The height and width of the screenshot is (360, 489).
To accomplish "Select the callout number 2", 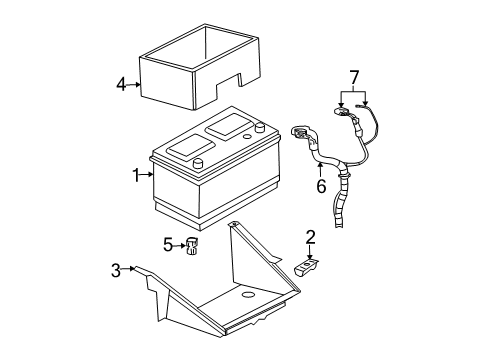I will click(x=310, y=237).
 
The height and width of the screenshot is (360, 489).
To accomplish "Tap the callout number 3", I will click(x=115, y=268).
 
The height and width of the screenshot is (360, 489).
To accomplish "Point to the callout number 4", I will click(x=121, y=85).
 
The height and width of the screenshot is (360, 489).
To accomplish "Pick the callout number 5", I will click(x=169, y=243).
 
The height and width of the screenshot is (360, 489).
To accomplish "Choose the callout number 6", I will click(x=321, y=186).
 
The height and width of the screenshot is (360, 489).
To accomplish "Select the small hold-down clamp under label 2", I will click(x=308, y=267).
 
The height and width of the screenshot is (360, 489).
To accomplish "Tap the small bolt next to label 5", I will click(x=192, y=244).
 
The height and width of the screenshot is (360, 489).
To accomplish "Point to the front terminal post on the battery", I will click(x=198, y=164).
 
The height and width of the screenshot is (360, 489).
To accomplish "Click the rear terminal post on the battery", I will click(x=259, y=127).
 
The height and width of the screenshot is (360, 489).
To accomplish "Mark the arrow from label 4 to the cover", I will click(x=133, y=85).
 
